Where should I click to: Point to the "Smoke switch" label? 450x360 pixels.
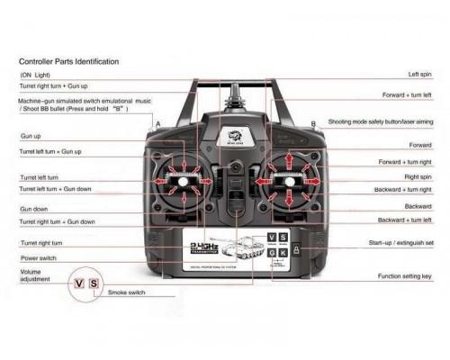129,293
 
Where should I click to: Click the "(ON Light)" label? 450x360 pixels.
35,75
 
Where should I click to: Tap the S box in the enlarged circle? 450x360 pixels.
94,284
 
